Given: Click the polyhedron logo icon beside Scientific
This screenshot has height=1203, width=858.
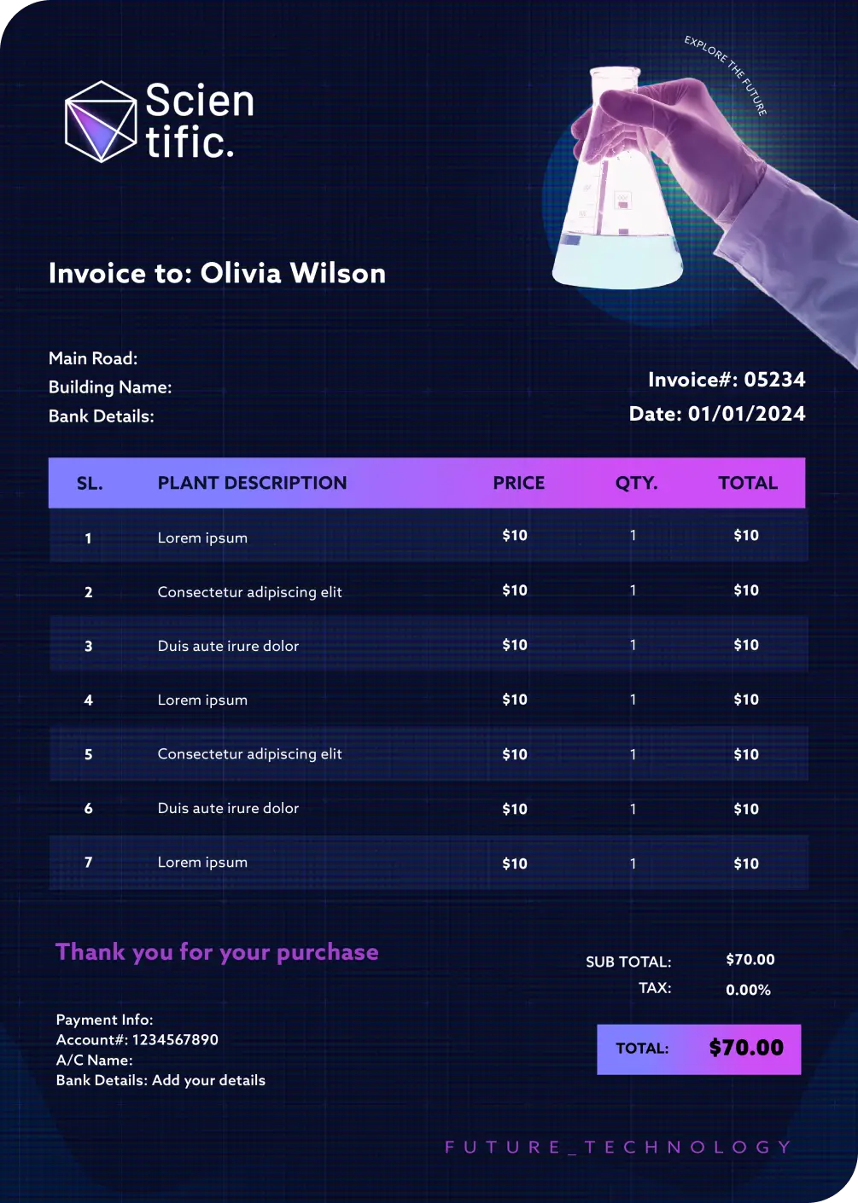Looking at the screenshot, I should click(x=101, y=121).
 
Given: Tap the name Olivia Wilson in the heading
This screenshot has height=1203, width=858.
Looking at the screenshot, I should click(x=293, y=273).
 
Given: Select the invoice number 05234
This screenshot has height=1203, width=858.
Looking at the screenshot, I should click(x=774, y=380).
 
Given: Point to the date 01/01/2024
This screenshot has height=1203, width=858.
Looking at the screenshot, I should click(x=746, y=414).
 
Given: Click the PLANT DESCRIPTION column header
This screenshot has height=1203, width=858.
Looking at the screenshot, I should click(x=252, y=483).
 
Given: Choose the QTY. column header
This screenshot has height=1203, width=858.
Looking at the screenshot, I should click(x=636, y=483).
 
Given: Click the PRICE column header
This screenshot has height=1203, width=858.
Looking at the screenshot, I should click(x=518, y=483).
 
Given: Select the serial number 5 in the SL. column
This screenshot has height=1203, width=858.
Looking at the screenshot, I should click(x=88, y=754).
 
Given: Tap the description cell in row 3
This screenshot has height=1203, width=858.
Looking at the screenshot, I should click(x=228, y=646).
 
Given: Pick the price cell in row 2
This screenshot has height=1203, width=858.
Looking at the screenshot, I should click(x=515, y=590).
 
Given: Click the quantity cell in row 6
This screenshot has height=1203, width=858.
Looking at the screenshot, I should click(x=633, y=809).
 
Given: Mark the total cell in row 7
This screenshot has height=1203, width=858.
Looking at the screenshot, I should click(x=746, y=863).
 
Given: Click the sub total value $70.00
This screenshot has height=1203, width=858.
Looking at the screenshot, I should click(x=750, y=960).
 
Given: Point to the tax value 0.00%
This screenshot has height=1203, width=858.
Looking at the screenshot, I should click(x=748, y=990).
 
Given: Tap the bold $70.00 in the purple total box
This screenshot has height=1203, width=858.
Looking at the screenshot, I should click(x=746, y=1048).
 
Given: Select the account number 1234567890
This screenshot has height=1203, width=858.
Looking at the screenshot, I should click(x=175, y=1039).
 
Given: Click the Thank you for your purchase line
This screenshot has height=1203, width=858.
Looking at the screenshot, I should click(x=217, y=952).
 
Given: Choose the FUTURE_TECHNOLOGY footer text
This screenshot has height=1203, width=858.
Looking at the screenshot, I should click(x=619, y=1148).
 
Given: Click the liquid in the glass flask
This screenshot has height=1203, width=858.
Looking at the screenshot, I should click(x=617, y=260).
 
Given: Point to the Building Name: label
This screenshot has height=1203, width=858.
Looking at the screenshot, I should click(x=110, y=387).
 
